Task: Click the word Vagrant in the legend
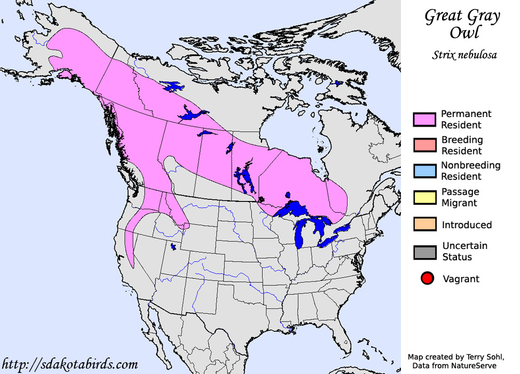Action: pyautogui.click(x=461, y=279)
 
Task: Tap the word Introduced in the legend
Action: pyautogui.click(x=467, y=225)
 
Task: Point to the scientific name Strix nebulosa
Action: pyautogui.click(x=464, y=55)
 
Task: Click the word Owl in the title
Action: pyautogui.click(x=463, y=33)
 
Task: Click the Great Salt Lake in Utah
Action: pyautogui.click(x=172, y=246)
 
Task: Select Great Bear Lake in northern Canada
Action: pyautogui.click(x=172, y=86)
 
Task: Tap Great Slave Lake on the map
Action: pyautogui.click(x=191, y=114)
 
